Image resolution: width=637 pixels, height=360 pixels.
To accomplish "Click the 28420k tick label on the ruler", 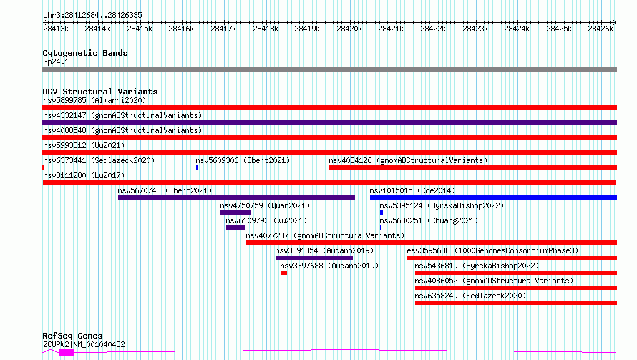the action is [x=349, y=29].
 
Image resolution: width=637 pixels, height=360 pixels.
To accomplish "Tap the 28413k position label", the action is [x=56, y=29].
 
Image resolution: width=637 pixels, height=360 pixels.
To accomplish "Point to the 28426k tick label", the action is [x=600, y=29].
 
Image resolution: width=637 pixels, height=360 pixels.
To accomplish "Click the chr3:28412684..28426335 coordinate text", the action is [x=92, y=16].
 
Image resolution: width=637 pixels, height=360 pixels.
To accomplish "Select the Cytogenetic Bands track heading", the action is [x=85, y=53].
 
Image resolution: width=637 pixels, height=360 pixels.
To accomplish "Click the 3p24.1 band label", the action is [x=56, y=62].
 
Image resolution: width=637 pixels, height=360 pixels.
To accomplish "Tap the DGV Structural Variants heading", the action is [x=100, y=92].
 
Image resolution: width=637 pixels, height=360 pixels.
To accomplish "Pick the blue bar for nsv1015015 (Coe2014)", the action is [x=493, y=198].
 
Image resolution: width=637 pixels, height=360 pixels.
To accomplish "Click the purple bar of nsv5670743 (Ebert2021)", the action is [x=236, y=198].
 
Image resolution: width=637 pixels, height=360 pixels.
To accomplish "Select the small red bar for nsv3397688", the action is [x=283, y=273].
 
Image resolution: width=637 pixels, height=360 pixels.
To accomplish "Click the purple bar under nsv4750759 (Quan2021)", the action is [x=235, y=213].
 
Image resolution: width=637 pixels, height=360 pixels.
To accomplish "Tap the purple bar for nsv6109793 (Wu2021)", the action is [x=235, y=228].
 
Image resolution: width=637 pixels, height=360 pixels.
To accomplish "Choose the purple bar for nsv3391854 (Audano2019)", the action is [x=314, y=258].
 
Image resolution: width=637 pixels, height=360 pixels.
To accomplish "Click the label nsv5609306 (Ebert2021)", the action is [x=243, y=160].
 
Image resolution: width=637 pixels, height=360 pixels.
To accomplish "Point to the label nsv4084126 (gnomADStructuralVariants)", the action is [x=408, y=160].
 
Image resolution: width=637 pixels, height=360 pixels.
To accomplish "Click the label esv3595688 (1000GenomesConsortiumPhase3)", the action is [x=492, y=250].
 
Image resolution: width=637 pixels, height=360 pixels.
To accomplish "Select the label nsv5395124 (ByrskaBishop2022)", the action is [x=442, y=205].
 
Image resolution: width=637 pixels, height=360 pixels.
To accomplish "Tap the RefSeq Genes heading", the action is [x=72, y=336].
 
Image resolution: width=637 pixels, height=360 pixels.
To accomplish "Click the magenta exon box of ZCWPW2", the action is [x=66, y=353].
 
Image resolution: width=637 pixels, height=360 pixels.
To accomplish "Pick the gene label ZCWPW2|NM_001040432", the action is [x=84, y=344].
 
